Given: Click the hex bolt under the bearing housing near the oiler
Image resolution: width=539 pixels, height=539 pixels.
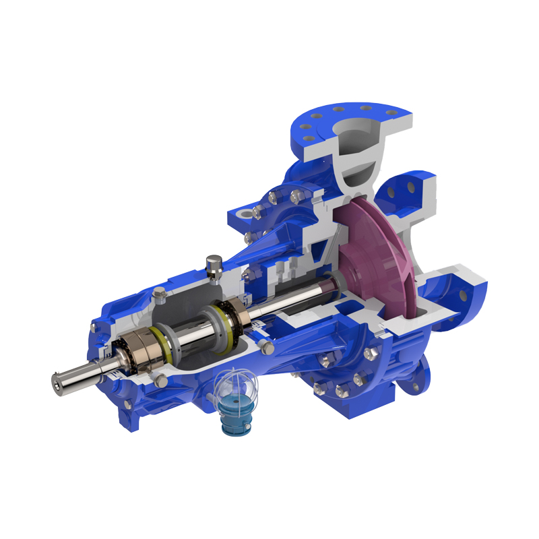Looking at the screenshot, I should pos(161,381).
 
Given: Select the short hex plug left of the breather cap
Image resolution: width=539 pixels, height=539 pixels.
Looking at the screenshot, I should pos(160,294).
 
